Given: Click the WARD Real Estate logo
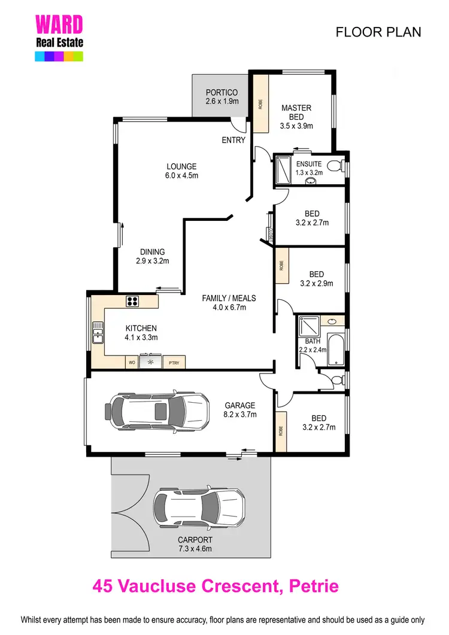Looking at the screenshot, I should point(59,37).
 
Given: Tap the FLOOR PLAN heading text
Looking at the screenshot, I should point(378,32).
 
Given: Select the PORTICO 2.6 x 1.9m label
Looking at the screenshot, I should point(222,97).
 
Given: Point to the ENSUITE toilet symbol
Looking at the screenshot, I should point(337,165).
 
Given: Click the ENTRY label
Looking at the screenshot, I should point(233,140).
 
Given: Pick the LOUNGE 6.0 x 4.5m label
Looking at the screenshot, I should point(181,171).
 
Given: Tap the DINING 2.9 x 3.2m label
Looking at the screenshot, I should point(152,256).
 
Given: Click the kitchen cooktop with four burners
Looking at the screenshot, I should point(132,301).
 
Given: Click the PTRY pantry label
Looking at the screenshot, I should point(174,362).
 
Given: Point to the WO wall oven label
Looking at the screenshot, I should point(131,362).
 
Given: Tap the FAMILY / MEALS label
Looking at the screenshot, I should point(229,303).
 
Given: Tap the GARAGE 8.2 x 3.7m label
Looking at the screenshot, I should point(239,409).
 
